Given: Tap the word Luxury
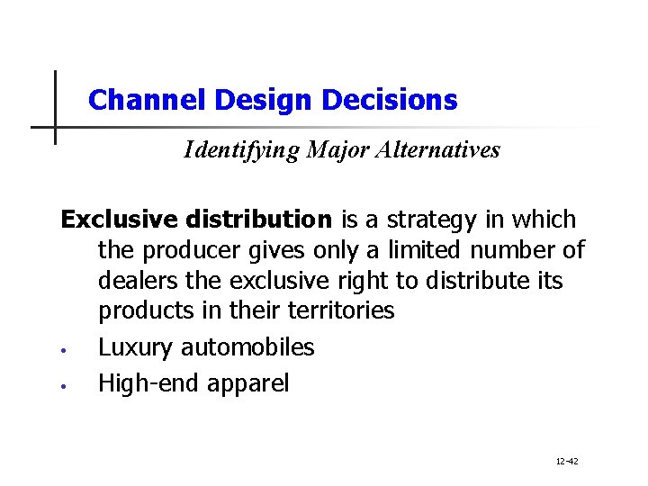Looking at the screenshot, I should pyautogui.click(x=136, y=348).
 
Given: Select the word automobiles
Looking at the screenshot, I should pyautogui.click(x=247, y=347).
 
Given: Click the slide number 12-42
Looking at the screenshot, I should pyautogui.click(x=567, y=462).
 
